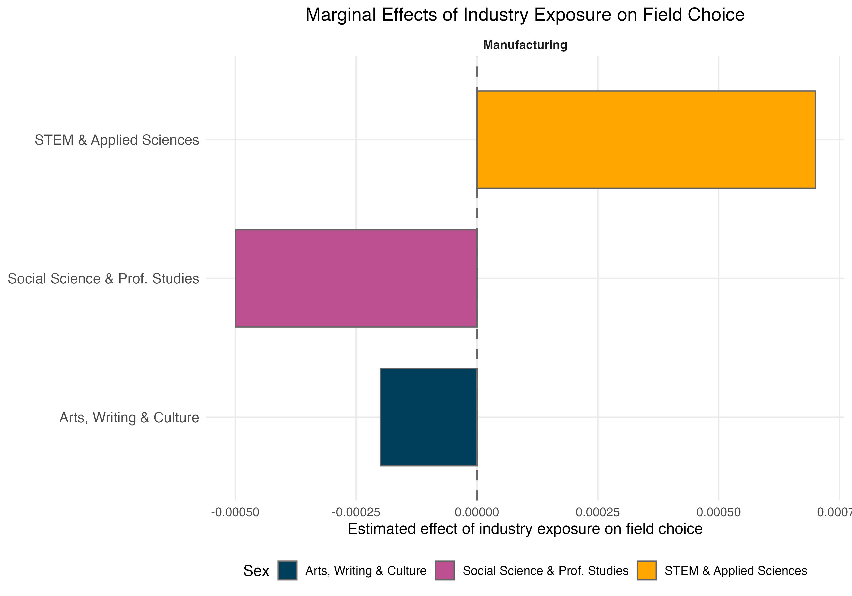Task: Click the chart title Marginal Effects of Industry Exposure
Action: pos(525,15)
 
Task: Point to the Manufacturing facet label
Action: pos(525,45)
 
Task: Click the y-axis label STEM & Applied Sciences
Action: pos(117,140)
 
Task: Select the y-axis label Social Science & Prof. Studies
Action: pos(103,279)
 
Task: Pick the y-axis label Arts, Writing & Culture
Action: pos(129,418)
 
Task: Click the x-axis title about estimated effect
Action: pos(525,529)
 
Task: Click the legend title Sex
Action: pos(256,571)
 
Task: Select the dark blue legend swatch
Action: pos(287,570)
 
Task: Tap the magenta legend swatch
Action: pos(445,570)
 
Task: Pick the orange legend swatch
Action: pos(646,570)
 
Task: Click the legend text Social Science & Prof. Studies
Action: pos(546,570)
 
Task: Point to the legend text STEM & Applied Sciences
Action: pos(735,570)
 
